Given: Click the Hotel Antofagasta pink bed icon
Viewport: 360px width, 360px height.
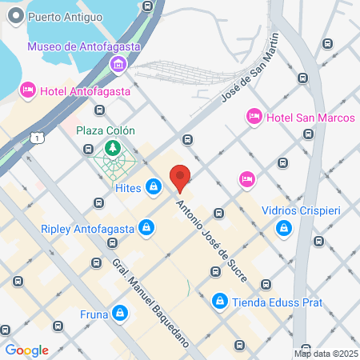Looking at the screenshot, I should pyautogui.click(x=28, y=90).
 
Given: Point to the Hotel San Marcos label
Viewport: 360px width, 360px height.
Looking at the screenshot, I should pyautogui.click(x=310, y=118).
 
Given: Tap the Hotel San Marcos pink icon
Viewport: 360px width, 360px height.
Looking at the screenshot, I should pyautogui.click(x=254, y=118).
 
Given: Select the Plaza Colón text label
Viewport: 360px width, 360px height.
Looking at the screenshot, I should pyautogui.click(x=106, y=130).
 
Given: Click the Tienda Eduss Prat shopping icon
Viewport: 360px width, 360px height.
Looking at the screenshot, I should pyautogui.click(x=219, y=302).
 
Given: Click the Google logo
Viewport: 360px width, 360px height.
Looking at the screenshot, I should pyautogui.click(x=26, y=350).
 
